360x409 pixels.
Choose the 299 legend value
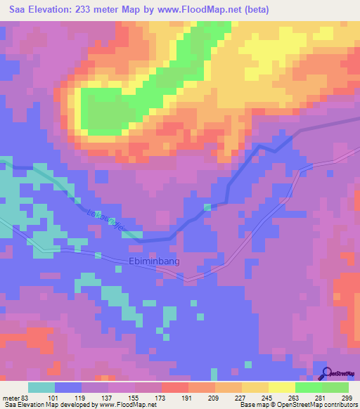pyautogui.click(x=347, y=397)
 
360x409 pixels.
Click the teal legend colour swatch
pyautogui.click(x=41, y=387)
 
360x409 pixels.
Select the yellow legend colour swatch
pyautogui.click(x=281, y=387)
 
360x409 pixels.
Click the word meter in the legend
pyautogui.click(x=11, y=397)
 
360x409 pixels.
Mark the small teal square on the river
pyautogui.click(x=207, y=207)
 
